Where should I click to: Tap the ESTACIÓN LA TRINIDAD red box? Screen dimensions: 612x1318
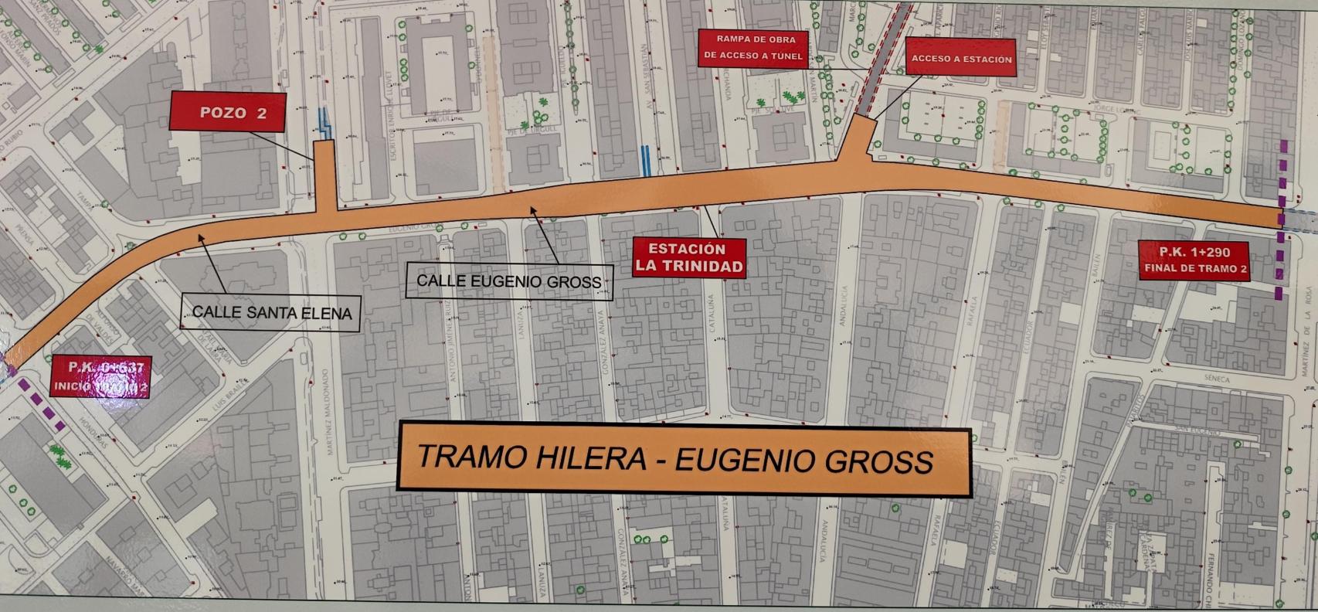tap(689, 258)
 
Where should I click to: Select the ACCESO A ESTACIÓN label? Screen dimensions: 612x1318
tap(960, 58)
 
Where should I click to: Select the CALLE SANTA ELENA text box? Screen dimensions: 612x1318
tap(271, 313)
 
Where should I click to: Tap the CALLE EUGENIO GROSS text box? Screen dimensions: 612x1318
tap(508, 280)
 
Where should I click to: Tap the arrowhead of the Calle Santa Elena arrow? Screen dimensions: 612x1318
tap(199, 237)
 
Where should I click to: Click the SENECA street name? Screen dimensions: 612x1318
tap(1216, 379)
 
